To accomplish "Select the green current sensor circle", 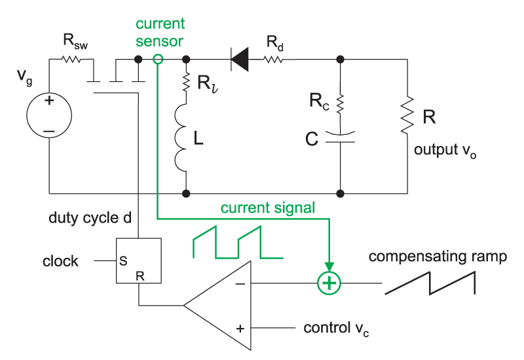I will tap(157, 60).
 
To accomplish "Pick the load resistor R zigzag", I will tap(407, 113).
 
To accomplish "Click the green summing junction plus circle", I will tap(329, 283).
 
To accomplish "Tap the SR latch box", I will tap(137, 261).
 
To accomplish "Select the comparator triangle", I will tap(219, 304).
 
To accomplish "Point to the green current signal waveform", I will tap(237, 242).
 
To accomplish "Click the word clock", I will tap(61, 261).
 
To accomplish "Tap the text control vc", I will tap(336, 327).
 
